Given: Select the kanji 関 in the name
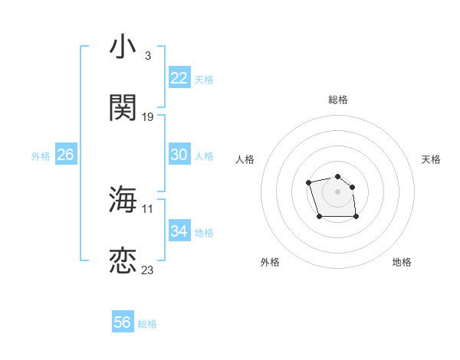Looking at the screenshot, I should tap(123, 108).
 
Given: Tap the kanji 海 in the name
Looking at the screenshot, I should tap(123, 199).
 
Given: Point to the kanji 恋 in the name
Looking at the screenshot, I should tap(123, 261).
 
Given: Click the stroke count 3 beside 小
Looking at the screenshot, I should tap(147, 55).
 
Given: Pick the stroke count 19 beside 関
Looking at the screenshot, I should tap(148, 117).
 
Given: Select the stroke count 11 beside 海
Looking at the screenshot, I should tap(148, 208).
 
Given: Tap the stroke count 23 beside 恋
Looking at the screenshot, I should tap(148, 270).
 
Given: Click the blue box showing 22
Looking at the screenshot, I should tap(179, 78).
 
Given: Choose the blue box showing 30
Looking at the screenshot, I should tap(179, 155).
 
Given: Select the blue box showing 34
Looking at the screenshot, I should tap(179, 231).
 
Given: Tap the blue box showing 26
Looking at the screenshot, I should tap(65, 155).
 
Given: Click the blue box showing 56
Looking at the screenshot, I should tap(123, 322).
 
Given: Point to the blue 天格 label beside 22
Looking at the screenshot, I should tap(204, 80).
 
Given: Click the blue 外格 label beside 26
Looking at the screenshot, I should tap(41, 156).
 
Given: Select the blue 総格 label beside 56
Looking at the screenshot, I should tap(147, 324).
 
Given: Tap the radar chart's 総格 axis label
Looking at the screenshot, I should tap(338, 100).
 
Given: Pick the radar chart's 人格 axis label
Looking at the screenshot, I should tap(245, 159).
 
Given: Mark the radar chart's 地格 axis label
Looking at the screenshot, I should tap(402, 262).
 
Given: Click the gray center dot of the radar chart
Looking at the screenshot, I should tap(337, 191).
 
